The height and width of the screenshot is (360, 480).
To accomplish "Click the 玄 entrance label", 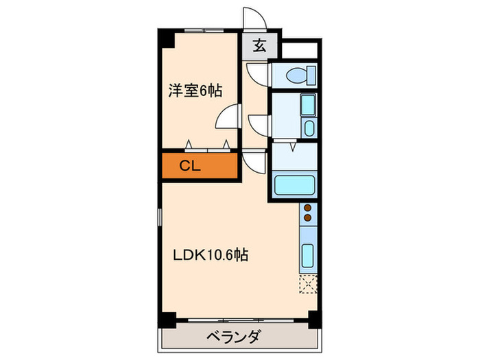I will click(261, 47).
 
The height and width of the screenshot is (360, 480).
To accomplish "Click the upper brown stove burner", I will click(308, 208).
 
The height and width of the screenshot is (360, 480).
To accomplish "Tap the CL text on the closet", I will click(191, 165).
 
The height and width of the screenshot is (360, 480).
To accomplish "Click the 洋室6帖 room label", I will click(195, 90).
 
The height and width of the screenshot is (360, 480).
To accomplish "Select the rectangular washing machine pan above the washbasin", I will click(307, 106).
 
